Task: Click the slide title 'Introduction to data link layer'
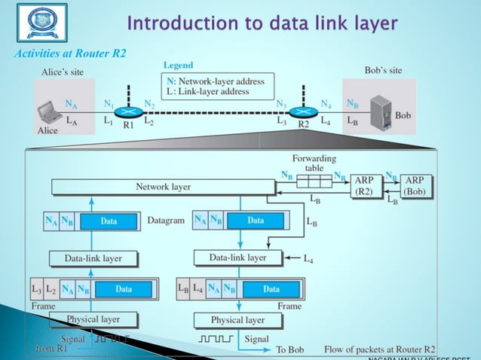[x=262, y=23]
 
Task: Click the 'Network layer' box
[x=163, y=187]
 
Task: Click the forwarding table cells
[x=314, y=181]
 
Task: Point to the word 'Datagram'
[x=166, y=221]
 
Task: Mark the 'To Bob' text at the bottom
[x=290, y=349]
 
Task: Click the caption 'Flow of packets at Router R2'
[x=379, y=349]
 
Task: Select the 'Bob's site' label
[x=383, y=70]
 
